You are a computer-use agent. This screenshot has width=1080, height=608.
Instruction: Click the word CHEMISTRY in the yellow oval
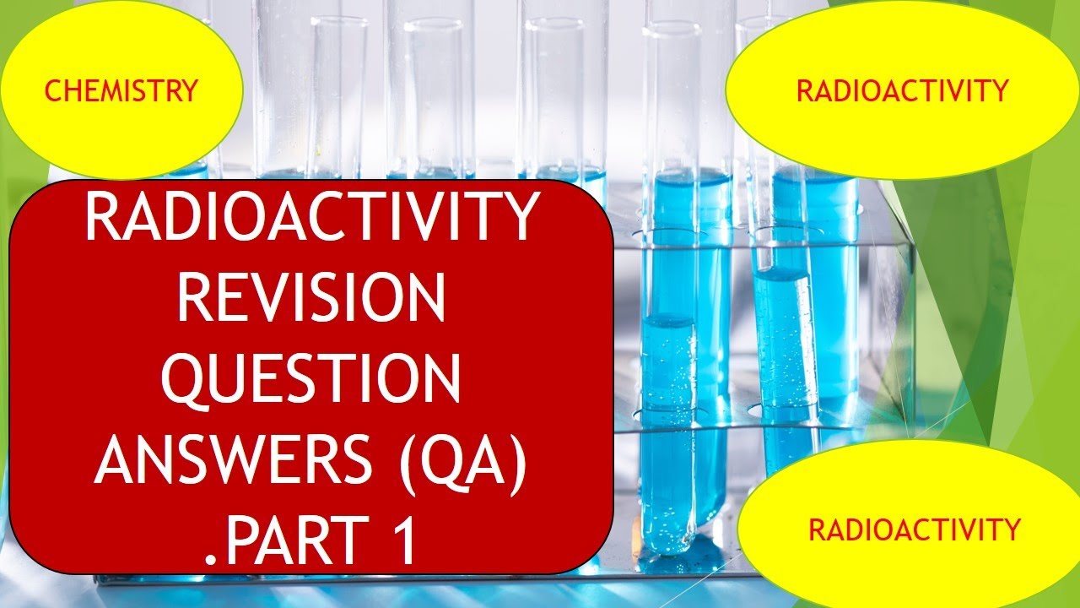121,90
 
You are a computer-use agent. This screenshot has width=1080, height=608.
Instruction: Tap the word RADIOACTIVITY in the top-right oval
902,90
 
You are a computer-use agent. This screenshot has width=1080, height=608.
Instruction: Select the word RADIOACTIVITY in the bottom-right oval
914,530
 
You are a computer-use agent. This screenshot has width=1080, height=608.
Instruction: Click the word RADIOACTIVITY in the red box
311,218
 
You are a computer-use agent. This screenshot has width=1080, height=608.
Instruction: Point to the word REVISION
311,299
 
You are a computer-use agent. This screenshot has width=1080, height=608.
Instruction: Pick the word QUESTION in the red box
311,381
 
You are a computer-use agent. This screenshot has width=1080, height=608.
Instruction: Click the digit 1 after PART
404,541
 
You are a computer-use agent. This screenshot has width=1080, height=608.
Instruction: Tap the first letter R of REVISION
193,299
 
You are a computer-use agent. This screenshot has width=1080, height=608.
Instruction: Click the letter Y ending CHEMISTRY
189,90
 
